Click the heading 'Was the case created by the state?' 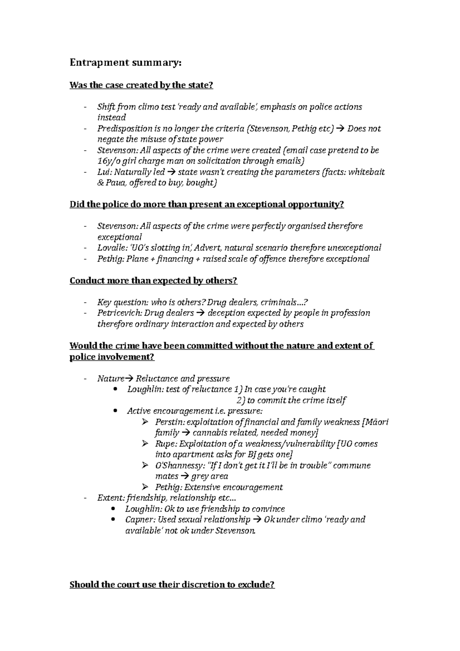(x=141, y=85)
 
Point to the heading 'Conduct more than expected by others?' (x=153, y=281)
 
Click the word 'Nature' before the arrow (x=111, y=379)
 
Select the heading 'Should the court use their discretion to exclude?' (x=172, y=585)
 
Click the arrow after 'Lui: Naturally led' (x=171, y=173)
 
